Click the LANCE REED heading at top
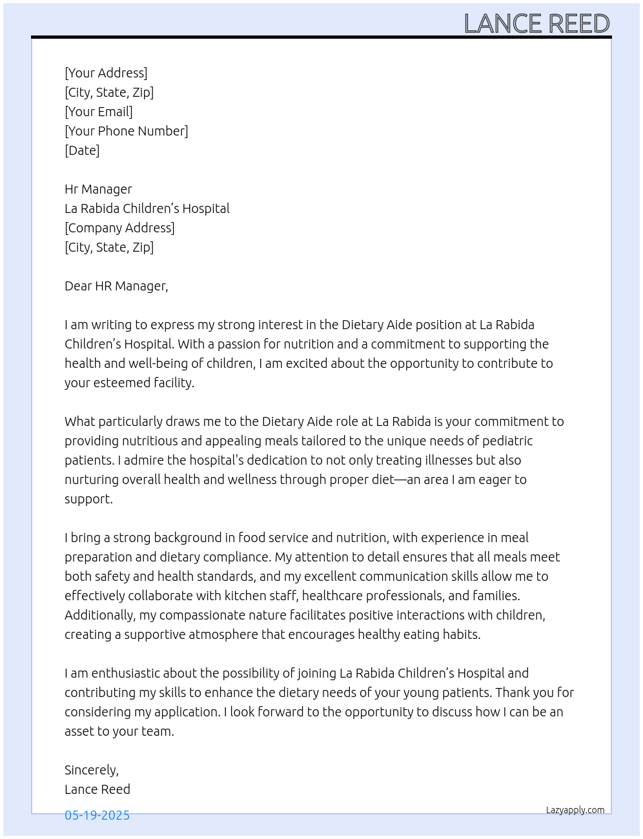point(536,24)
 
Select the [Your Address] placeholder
point(106,73)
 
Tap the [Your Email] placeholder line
point(99,112)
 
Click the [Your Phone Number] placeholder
point(127,131)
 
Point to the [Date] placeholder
point(82,150)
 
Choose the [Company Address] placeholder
point(119,228)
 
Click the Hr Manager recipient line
point(98,189)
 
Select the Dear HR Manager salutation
point(116,286)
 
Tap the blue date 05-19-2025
point(97,815)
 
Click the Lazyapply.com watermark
point(575,810)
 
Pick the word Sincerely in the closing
point(90,770)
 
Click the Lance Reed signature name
point(97,789)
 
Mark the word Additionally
point(99,615)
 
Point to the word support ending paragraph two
point(88,499)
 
